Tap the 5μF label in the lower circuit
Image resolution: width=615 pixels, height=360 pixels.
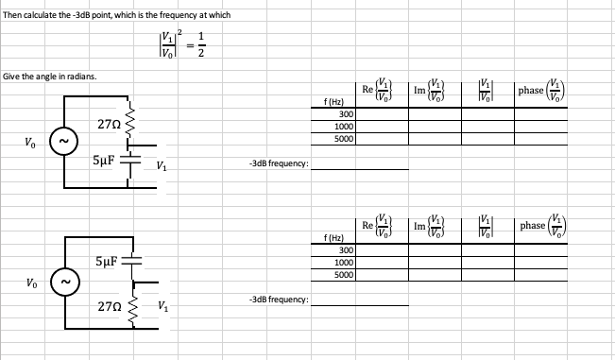(106, 260)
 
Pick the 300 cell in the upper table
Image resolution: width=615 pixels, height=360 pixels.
(345, 113)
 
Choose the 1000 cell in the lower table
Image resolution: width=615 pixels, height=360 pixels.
(344, 263)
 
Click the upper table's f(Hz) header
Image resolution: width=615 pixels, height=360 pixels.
(333, 102)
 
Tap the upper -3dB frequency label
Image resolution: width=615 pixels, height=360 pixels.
(277, 163)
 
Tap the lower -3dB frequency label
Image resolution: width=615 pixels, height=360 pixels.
(277, 300)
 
